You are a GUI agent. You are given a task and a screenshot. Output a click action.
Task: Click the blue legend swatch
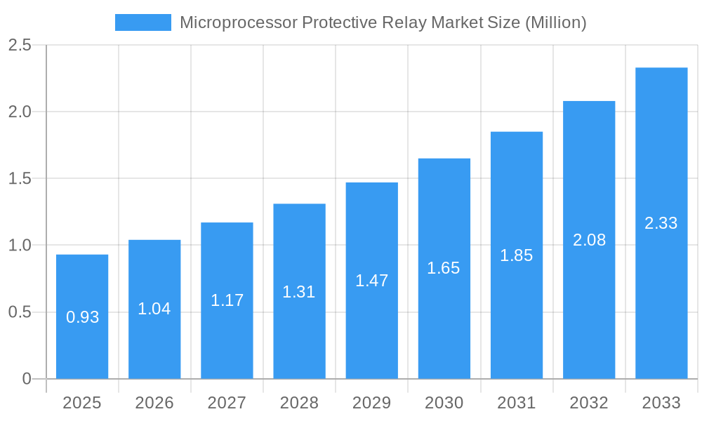tap(143, 22)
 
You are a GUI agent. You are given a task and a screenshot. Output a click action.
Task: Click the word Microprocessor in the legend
tap(238, 22)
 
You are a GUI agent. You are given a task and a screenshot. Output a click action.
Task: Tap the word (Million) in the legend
tap(555, 22)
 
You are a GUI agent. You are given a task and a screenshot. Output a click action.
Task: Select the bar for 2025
tap(82, 316)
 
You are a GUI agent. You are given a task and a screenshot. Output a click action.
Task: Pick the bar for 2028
tap(299, 291)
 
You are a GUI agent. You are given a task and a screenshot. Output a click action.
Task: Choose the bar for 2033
tap(661, 223)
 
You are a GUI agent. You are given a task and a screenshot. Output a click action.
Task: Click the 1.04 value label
tap(154, 309)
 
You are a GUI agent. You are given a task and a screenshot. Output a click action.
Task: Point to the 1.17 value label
tap(227, 300)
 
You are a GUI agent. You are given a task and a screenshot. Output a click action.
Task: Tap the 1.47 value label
tap(371, 281)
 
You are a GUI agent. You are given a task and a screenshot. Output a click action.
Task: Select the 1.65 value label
tap(444, 268)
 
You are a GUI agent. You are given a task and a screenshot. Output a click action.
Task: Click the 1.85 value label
tap(516, 255)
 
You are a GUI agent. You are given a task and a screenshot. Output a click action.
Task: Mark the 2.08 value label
tap(589, 240)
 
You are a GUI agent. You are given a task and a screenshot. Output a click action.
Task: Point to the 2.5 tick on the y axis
tap(20, 45)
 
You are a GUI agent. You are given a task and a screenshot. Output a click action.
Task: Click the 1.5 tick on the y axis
tap(20, 178)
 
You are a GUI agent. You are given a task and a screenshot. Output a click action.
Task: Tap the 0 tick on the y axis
tap(27, 379)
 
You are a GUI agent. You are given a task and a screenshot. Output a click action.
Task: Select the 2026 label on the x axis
tap(154, 403)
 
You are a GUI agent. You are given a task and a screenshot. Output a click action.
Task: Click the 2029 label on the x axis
tap(371, 403)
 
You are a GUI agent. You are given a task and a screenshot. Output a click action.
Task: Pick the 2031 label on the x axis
tap(516, 403)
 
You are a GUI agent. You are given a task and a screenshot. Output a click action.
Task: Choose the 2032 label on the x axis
tap(589, 403)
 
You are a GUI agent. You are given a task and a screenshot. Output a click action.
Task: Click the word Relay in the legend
tap(405, 22)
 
